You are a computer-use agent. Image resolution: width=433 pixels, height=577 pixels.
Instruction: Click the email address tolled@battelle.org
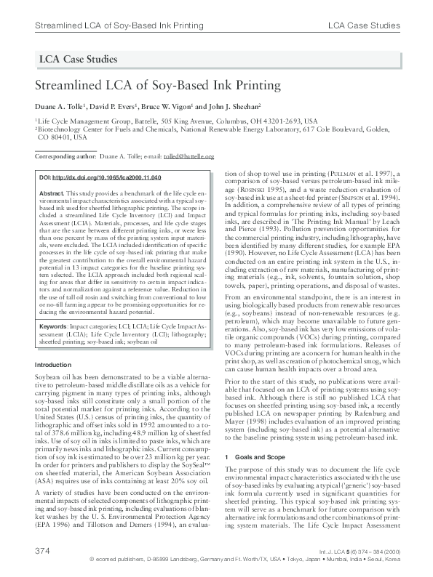coord(188,156)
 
